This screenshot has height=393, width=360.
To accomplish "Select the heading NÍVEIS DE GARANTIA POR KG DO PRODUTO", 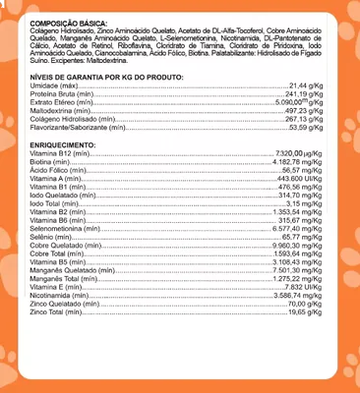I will point(102,77).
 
